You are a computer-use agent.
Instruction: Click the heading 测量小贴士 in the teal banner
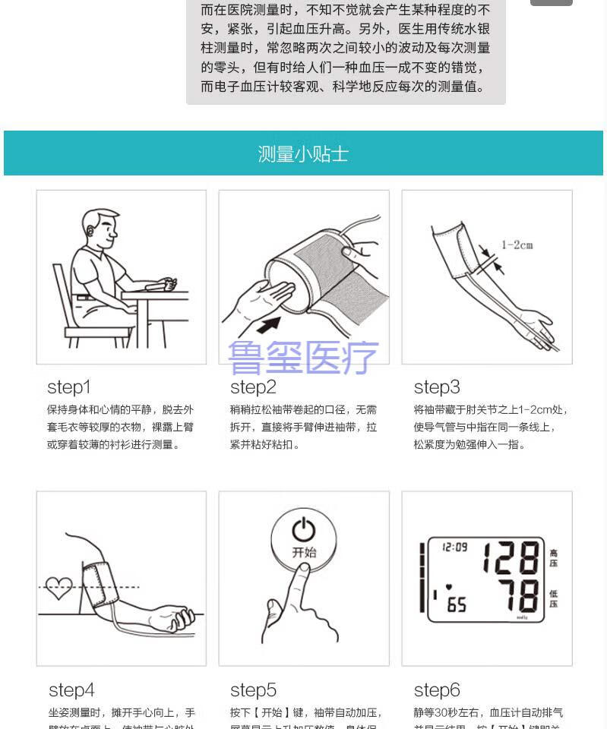[x=303, y=154]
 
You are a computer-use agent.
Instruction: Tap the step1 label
[x=68, y=387]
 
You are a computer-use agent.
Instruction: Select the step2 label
[x=253, y=387]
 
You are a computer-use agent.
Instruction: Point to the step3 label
[x=437, y=387]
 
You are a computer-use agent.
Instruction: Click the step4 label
[x=71, y=690]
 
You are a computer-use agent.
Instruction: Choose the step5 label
[x=253, y=690]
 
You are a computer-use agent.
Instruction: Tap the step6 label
[x=437, y=690]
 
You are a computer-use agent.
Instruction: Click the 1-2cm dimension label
[x=517, y=245]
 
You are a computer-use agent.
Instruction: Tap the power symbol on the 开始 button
[x=303, y=528]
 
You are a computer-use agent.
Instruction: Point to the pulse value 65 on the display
[x=456, y=605]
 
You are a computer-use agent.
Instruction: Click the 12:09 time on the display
[x=454, y=546]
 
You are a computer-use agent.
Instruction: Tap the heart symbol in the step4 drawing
[x=58, y=587]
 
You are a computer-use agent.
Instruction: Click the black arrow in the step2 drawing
[x=267, y=326]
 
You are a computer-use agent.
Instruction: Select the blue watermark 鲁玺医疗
[x=303, y=358]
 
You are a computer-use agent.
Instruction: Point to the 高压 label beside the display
[x=553, y=558]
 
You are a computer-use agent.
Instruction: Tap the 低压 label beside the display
[x=553, y=598]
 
